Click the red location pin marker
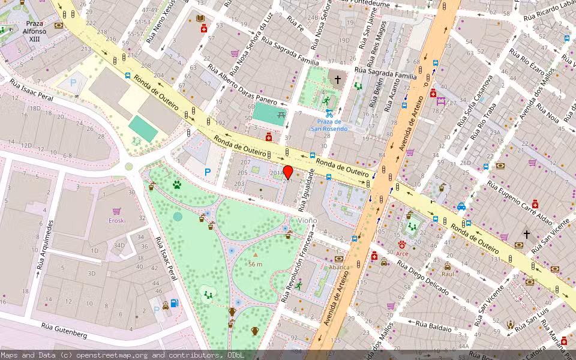click(x=288, y=172)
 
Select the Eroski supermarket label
click(x=116, y=220)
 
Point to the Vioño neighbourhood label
click(x=307, y=220)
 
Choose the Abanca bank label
click(x=339, y=268)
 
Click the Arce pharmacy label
click(x=402, y=254)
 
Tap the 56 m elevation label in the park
click(x=256, y=264)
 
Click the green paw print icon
click(x=177, y=185)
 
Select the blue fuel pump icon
click(x=175, y=303)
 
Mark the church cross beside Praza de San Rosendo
click(x=337, y=79)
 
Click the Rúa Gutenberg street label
click(x=64, y=330)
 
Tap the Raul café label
click(x=448, y=274)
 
